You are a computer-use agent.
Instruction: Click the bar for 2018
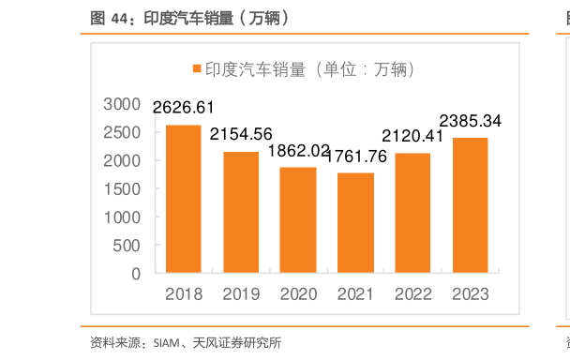pyautogui.click(x=183, y=199)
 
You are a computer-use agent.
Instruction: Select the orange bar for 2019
pyautogui.click(x=241, y=212)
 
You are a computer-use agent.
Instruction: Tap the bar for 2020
pyautogui.click(x=298, y=220)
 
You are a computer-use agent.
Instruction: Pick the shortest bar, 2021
pyautogui.click(x=355, y=223)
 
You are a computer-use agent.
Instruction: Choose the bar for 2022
pyautogui.click(x=412, y=213)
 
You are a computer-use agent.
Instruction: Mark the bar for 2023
pyautogui.click(x=470, y=205)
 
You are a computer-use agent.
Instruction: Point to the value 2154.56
pyautogui.click(x=241, y=134)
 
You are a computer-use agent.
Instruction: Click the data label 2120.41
pyautogui.click(x=413, y=137)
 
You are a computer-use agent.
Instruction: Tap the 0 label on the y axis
pyautogui.click(x=136, y=274)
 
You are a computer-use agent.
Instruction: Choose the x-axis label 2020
pyautogui.click(x=298, y=294)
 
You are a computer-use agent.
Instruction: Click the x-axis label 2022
pyautogui.click(x=412, y=294)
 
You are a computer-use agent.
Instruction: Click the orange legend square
pyautogui.click(x=197, y=69)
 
